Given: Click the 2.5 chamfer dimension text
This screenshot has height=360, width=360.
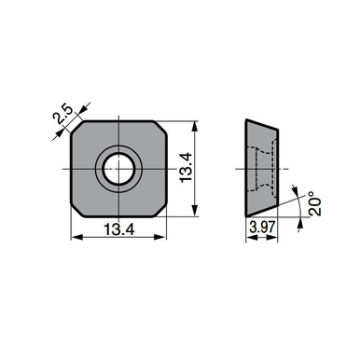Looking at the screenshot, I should pos(63,117).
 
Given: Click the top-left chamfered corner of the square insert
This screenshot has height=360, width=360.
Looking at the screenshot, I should pos(77,128).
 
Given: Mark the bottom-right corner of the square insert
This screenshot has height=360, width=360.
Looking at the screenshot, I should pos(159,209).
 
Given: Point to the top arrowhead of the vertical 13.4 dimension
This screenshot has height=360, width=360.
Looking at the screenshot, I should pos(196,124).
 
